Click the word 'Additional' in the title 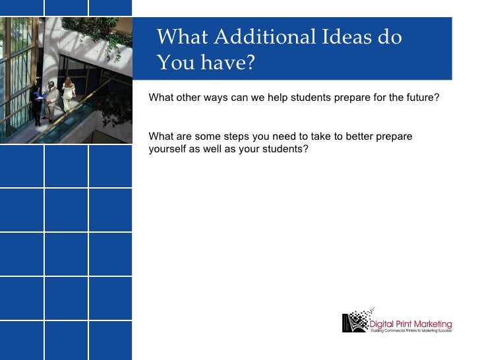(x=264, y=37)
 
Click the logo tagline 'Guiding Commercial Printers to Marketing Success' (x=409, y=331)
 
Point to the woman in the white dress (x=69, y=94)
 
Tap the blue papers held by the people (x=42, y=96)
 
